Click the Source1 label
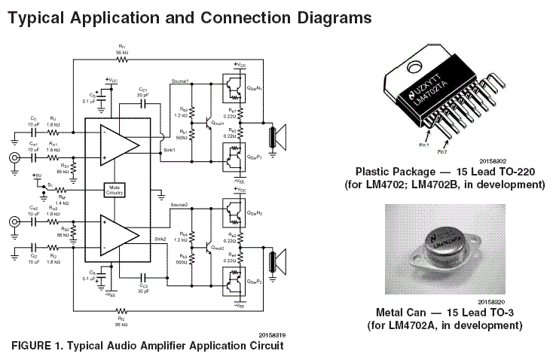[x=181, y=81]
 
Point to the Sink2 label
[x=160, y=238]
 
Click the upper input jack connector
[x=16, y=158]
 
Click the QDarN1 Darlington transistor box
[x=235, y=91]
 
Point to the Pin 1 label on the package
[x=423, y=142]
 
